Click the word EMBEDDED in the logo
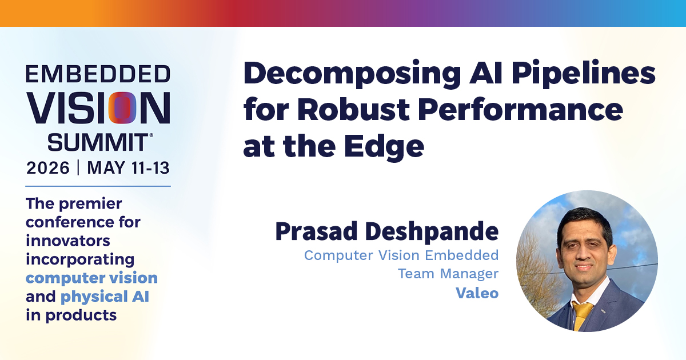coord(98,74)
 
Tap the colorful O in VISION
coord(122,108)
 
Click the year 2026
coord(48,168)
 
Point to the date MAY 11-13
coord(128,168)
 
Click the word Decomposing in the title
coord(352,75)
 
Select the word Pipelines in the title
coord(583,75)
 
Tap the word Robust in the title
coord(353,110)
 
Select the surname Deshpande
coord(432,233)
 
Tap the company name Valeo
coord(477,293)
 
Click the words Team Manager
coord(448,274)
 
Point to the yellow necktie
coord(582,316)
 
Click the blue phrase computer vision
coord(91,278)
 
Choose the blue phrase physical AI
coord(105,297)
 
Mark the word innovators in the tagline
coord(68,241)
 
